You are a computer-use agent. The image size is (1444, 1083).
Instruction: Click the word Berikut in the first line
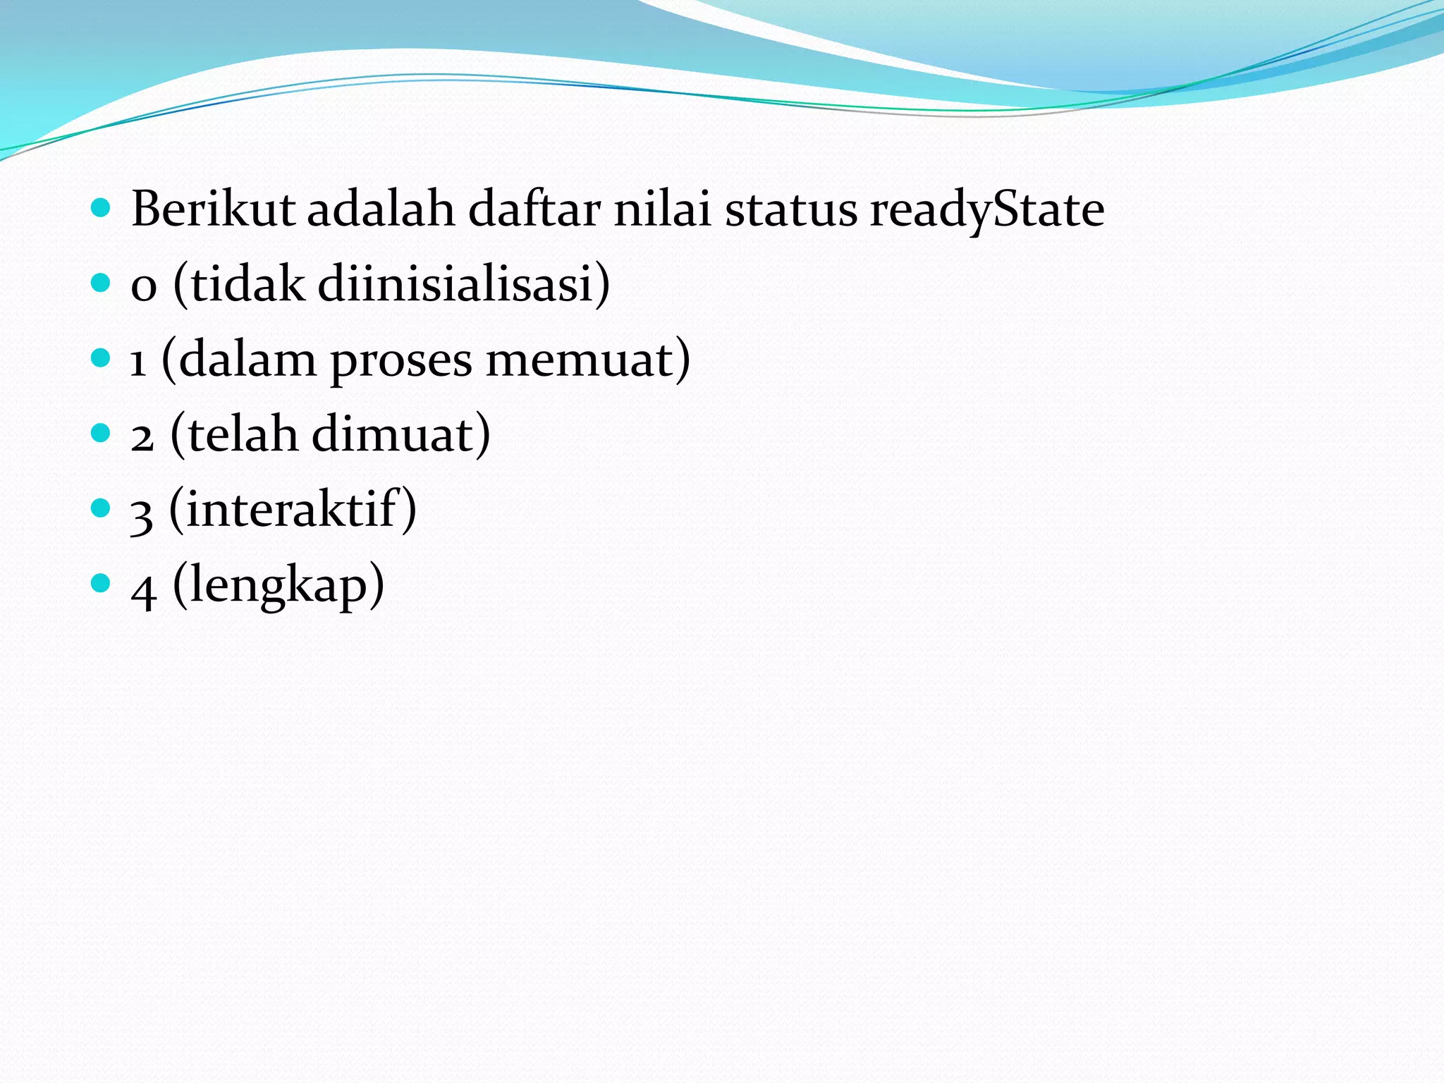pyautogui.click(x=212, y=209)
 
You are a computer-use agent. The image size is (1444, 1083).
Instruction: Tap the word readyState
pyautogui.click(x=986, y=211)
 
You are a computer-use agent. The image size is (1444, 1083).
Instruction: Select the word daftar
pyautogui.click(x=534, y=209)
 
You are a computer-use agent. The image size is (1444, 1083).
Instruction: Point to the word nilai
pyautogui.click(x=662, y=209)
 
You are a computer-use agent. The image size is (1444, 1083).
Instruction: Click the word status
pyautogui.click(x=790, y=211)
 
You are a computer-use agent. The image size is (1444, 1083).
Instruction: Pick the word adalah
pyautogui.click(x=381, y=209)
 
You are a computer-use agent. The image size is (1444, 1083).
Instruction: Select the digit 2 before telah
pyautogui.click(x=142, y=438)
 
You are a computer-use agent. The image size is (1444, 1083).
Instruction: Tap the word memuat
pyautogui.click(x=579, y=361)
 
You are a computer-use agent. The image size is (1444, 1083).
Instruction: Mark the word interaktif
pyautogui.click(x=293, y=508)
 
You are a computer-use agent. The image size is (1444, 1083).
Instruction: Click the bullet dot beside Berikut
pyautogui.click(x=102, y=207)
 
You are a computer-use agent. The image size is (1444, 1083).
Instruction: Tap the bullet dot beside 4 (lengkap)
pyautogui.click(x=102, y=582)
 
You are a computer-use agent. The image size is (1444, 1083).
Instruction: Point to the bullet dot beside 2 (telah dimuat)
pyautogui.click(x=102, y=432)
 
